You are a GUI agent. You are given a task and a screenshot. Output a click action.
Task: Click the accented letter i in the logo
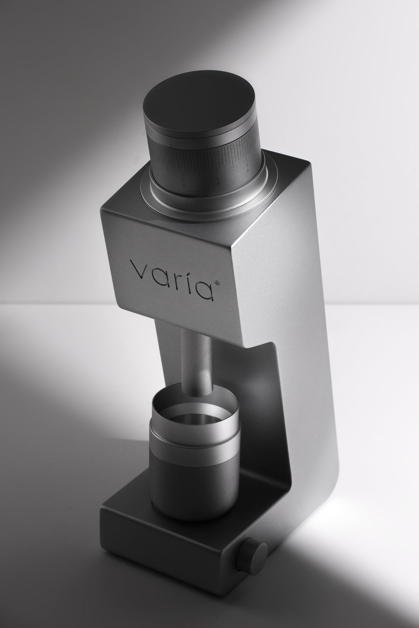pos(190,276)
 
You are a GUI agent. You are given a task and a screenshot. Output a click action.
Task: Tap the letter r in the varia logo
pos(177,276)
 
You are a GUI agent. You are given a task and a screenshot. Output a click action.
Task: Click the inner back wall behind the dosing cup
pos(248,407)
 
